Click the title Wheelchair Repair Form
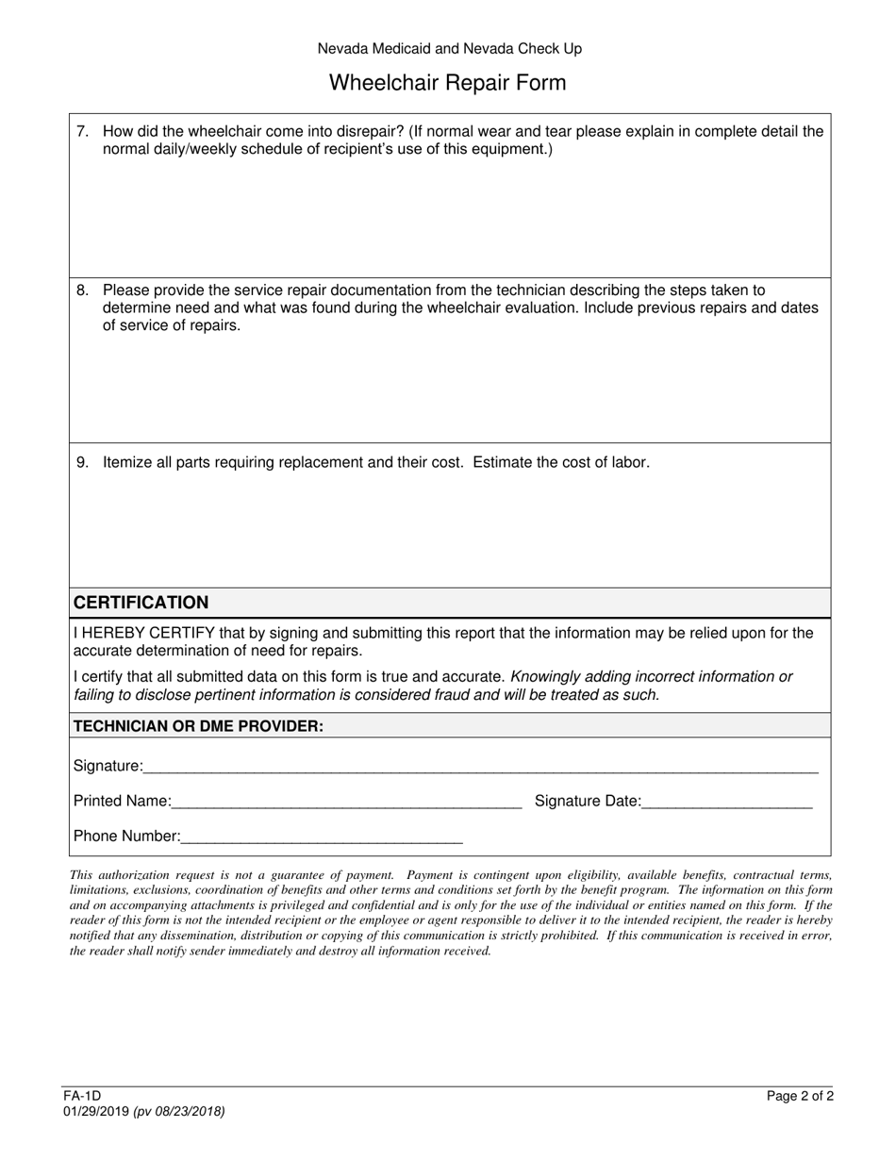click(447, 83)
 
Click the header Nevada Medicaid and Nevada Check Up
click(449, 48)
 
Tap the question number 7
click(82, 132)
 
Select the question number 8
click(82, 290)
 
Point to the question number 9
click(82, 462)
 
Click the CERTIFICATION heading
click(141, 603)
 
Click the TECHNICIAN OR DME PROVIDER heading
click(198, 726)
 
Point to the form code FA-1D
click(82, 1096)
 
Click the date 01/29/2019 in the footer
click(96, 1111)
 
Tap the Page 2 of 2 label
click(800, 1096)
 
